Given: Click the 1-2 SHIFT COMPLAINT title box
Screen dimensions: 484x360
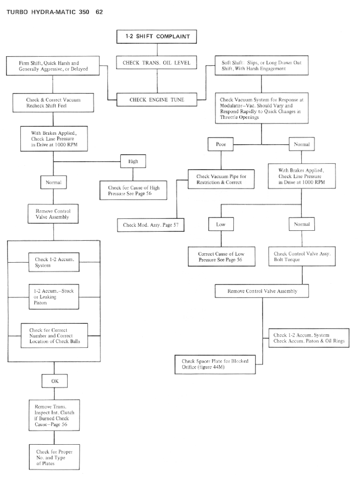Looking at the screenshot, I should click(x=157, y=36).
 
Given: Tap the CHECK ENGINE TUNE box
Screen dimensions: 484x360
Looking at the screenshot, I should click(x=157, y=99).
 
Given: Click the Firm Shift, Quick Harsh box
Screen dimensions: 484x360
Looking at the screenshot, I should click(x=53, y=66).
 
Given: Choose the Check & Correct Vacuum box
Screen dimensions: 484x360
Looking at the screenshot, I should click(x=53, y=102).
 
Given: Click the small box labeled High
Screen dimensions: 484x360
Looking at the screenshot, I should click(x=132, y=161).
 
